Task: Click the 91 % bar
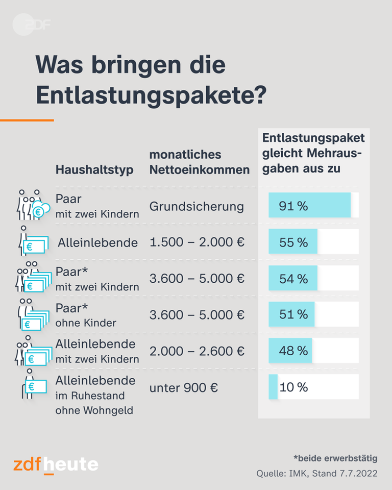309,206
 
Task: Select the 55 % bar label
293,242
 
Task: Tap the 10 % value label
294,387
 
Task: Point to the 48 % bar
290,351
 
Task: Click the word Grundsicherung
197,206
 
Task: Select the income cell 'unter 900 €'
184,388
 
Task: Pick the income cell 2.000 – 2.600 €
197,351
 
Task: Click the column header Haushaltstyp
94,170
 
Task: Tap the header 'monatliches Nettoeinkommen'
199,162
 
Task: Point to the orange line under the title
27,120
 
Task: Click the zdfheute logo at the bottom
56,464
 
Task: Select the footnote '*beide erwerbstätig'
335,458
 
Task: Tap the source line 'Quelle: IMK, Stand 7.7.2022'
316,474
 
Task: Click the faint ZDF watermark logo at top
32,24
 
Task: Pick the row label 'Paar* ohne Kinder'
86,315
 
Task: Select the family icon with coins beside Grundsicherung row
32,205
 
